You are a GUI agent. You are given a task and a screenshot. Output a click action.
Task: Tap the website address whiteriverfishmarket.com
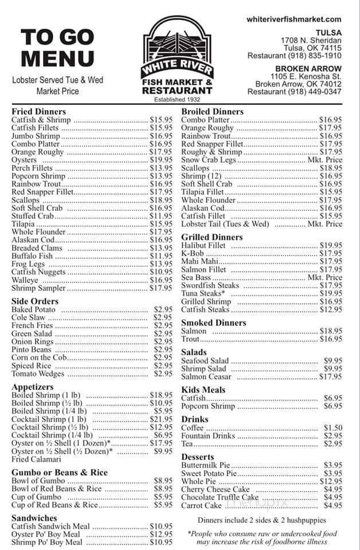294,19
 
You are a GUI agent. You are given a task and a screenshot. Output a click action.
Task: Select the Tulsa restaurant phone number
295,56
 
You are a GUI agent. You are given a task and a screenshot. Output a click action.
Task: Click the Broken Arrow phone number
295,92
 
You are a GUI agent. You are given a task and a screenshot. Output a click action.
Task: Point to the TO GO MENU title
57,48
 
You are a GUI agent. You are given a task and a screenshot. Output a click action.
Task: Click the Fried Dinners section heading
38,111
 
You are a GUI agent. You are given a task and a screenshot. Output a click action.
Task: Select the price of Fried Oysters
161,160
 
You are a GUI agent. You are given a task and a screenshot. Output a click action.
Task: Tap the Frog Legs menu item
28,264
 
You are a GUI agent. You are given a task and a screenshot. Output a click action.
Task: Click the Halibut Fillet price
331,245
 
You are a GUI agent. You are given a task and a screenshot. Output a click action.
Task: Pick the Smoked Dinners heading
213,323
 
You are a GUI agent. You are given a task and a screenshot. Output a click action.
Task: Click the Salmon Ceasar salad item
206,376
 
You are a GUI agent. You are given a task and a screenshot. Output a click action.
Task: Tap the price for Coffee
332,428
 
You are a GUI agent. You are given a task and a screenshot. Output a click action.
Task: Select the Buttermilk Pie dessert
205,465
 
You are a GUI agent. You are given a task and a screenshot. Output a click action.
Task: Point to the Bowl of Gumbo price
163,481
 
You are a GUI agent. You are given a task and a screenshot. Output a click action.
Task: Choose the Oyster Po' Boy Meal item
46,534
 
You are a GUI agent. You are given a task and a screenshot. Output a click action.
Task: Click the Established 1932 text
177,99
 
